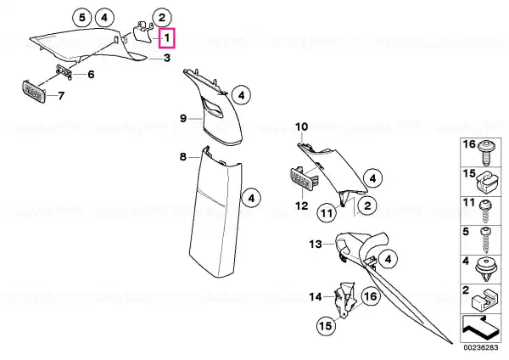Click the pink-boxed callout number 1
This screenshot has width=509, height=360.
[167, 38]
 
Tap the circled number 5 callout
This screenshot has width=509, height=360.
[82, 17]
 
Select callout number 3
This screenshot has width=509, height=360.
[167, 58]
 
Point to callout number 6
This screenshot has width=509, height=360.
[92, 75]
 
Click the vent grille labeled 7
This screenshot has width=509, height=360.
[34, 92]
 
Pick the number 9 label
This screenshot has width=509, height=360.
[183, 119]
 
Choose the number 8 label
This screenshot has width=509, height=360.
[183, 157]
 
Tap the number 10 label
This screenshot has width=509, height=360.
[301, 127]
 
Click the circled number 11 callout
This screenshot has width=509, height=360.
[327, 213]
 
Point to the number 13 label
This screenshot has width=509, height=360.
[316, 244]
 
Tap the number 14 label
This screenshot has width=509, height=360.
[316, 296]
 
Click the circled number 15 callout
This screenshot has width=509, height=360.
[326, 325]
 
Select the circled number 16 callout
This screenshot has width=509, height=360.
[371, 296]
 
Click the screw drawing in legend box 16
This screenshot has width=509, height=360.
[485, 153]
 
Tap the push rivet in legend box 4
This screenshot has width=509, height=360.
[486, 269]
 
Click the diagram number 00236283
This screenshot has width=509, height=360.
[481, 347]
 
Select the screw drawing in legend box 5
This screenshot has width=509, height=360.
[486, 240]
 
